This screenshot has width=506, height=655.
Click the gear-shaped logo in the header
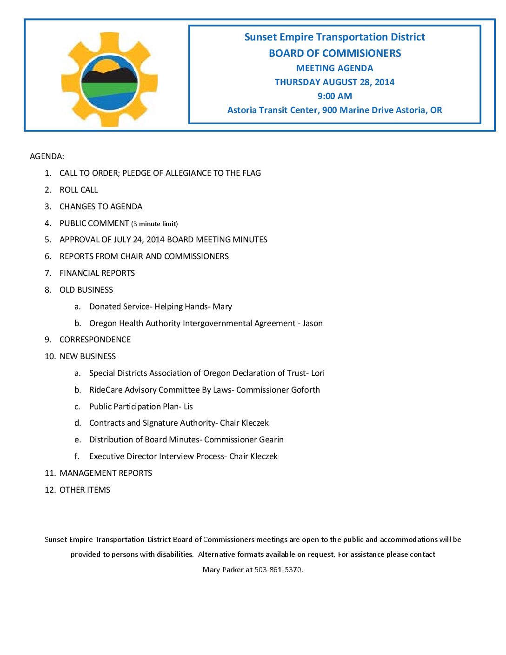(x=109, y=80)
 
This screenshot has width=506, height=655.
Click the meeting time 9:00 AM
(x=334, y=96)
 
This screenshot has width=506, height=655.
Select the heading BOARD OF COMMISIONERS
(x=334, y=53)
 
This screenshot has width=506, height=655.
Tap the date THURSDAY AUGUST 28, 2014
(x=334, y=82)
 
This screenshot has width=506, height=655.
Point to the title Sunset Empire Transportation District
(x=334, y=37)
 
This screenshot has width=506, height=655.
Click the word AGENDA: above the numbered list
(x=47, y=156)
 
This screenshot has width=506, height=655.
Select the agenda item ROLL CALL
(x=79, y=190)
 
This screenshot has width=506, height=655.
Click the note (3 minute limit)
(x=154, y=224)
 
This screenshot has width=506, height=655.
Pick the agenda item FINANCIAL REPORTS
(x=97, y=273)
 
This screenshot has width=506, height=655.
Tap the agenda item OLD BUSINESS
(x=86, y=290)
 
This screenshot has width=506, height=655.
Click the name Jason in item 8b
(x=312, y=323)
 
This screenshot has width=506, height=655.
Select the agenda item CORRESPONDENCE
(x=95, y=340)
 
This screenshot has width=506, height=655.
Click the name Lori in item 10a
(x=318, y=373)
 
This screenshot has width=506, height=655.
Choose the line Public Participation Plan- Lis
(x=141, y=407)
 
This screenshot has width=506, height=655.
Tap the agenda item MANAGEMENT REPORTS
(x=106, y=473)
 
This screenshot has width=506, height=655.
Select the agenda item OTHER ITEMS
(x=85, y=490)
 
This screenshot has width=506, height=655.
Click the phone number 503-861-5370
(x=278, y=570)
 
